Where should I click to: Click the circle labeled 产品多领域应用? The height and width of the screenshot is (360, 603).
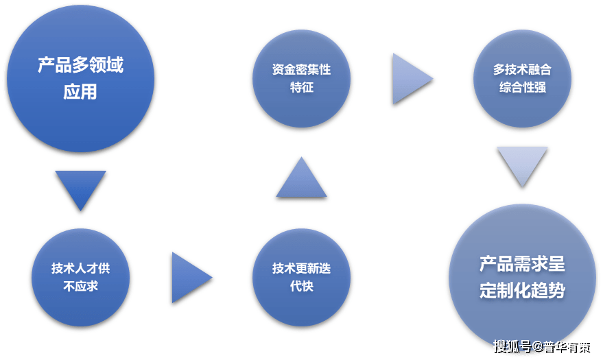(81, 78)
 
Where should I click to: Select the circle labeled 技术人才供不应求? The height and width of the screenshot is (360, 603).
(81, 278)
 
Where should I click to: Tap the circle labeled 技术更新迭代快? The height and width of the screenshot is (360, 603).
(302, 278)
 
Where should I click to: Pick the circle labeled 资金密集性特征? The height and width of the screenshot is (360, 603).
(302, 78)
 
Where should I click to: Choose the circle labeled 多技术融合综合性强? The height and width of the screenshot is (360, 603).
(522, 78)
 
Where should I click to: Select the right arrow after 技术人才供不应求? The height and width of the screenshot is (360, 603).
(192, 278)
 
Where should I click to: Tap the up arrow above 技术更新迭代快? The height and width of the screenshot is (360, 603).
(302, 177)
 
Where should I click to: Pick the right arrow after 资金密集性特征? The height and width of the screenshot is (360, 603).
(413, 79)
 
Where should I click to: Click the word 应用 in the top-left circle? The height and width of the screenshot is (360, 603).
(80, 92)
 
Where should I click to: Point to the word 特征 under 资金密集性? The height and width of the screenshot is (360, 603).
(302, 87)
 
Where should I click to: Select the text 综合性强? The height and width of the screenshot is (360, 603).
(523, 87)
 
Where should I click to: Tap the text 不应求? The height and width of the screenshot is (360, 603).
(81, 286)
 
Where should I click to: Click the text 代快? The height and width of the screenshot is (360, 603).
(302, 286)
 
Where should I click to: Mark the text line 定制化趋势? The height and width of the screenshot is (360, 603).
(522, 291)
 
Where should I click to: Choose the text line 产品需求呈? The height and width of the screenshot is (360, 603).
(522, 264)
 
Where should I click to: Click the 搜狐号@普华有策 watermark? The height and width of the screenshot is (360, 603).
(542, 347)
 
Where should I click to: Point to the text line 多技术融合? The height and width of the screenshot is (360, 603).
(523, 69)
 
